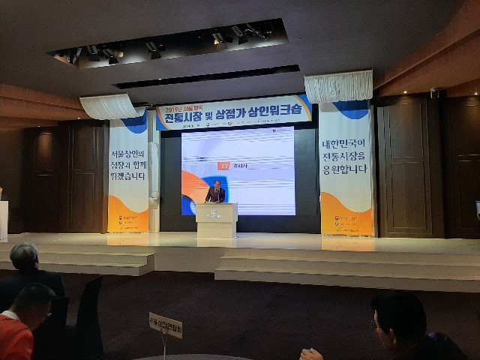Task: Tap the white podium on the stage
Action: pyautogui.click(x=216, y=220)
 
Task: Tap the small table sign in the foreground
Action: pyautogui.click(x=165, y=325)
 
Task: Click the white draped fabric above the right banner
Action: pyautogui.click(x=338, y=87)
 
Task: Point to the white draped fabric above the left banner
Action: pyautogui.click(x=112, y=106)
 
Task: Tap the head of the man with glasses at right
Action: pyautogui.click(x=397, y=315)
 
